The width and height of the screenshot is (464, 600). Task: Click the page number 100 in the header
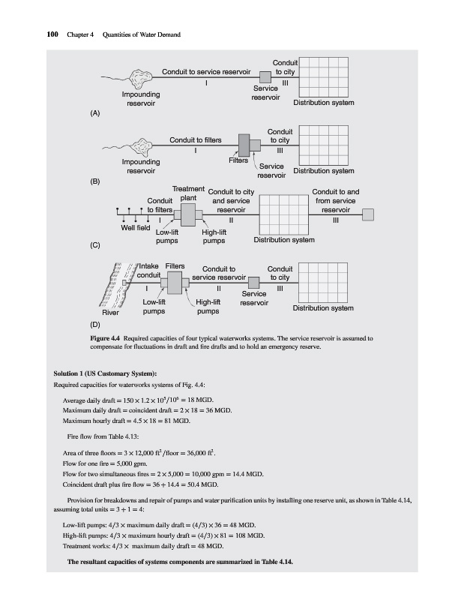32,34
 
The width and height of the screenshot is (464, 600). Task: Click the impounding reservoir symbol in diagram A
141,76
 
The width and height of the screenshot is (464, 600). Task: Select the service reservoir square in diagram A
265,76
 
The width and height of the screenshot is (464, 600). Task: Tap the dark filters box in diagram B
244,144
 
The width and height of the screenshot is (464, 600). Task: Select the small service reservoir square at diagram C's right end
368,214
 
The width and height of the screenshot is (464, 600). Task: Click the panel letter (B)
95,181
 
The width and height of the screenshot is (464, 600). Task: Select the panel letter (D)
95,326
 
